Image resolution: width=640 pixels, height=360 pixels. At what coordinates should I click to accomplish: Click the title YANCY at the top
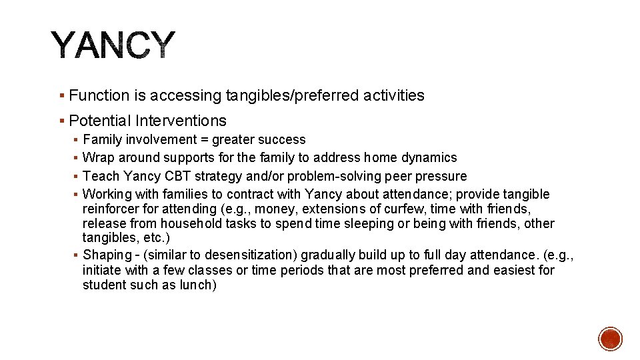pos(113,46)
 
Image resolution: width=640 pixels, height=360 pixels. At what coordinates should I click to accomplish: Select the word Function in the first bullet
pos(99,96)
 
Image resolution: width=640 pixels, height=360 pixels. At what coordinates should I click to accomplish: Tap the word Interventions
pos(181,121)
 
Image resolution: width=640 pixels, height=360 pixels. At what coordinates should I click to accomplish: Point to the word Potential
pos(100,121)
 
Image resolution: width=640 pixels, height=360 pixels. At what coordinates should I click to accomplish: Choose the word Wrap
pos(97,158)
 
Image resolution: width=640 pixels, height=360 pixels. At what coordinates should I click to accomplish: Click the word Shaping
pos(107,255)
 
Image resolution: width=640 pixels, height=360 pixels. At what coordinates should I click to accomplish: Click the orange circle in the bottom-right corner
pos(610,339)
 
